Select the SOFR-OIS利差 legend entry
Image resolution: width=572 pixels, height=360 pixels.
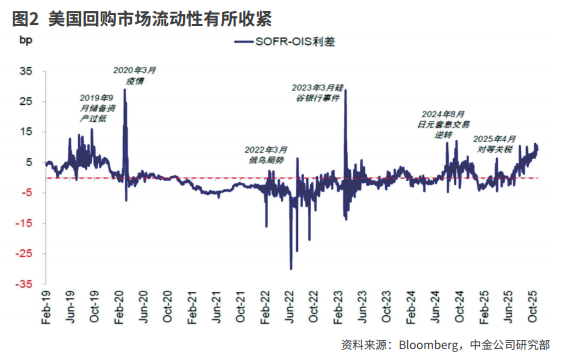[300, 42]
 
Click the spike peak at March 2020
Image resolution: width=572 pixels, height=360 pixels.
[125, 91]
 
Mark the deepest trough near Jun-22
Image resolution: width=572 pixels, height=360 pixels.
[291, 268]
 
